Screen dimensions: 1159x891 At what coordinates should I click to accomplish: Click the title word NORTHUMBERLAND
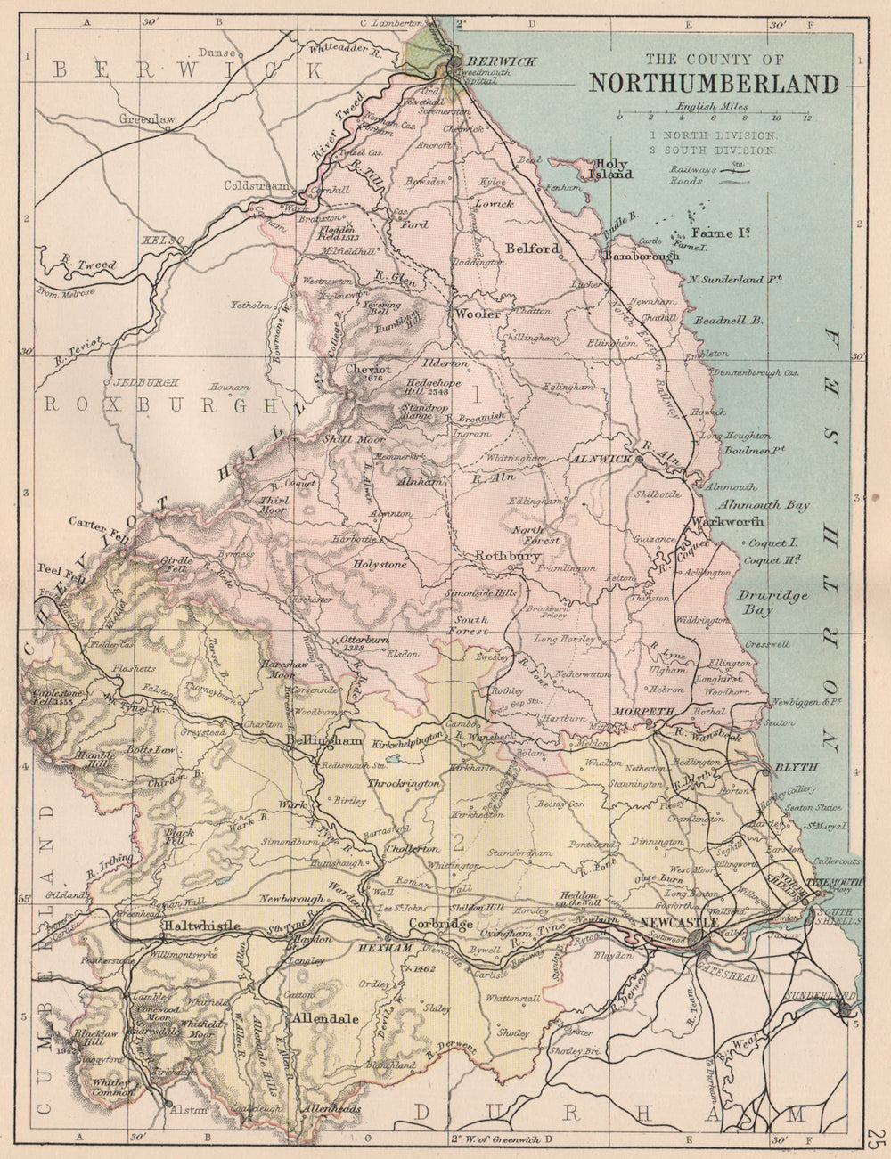[713, 83]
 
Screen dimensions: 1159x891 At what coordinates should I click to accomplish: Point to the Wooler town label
[473, 314]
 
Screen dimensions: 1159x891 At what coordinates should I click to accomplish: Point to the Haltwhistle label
[200, 926]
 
